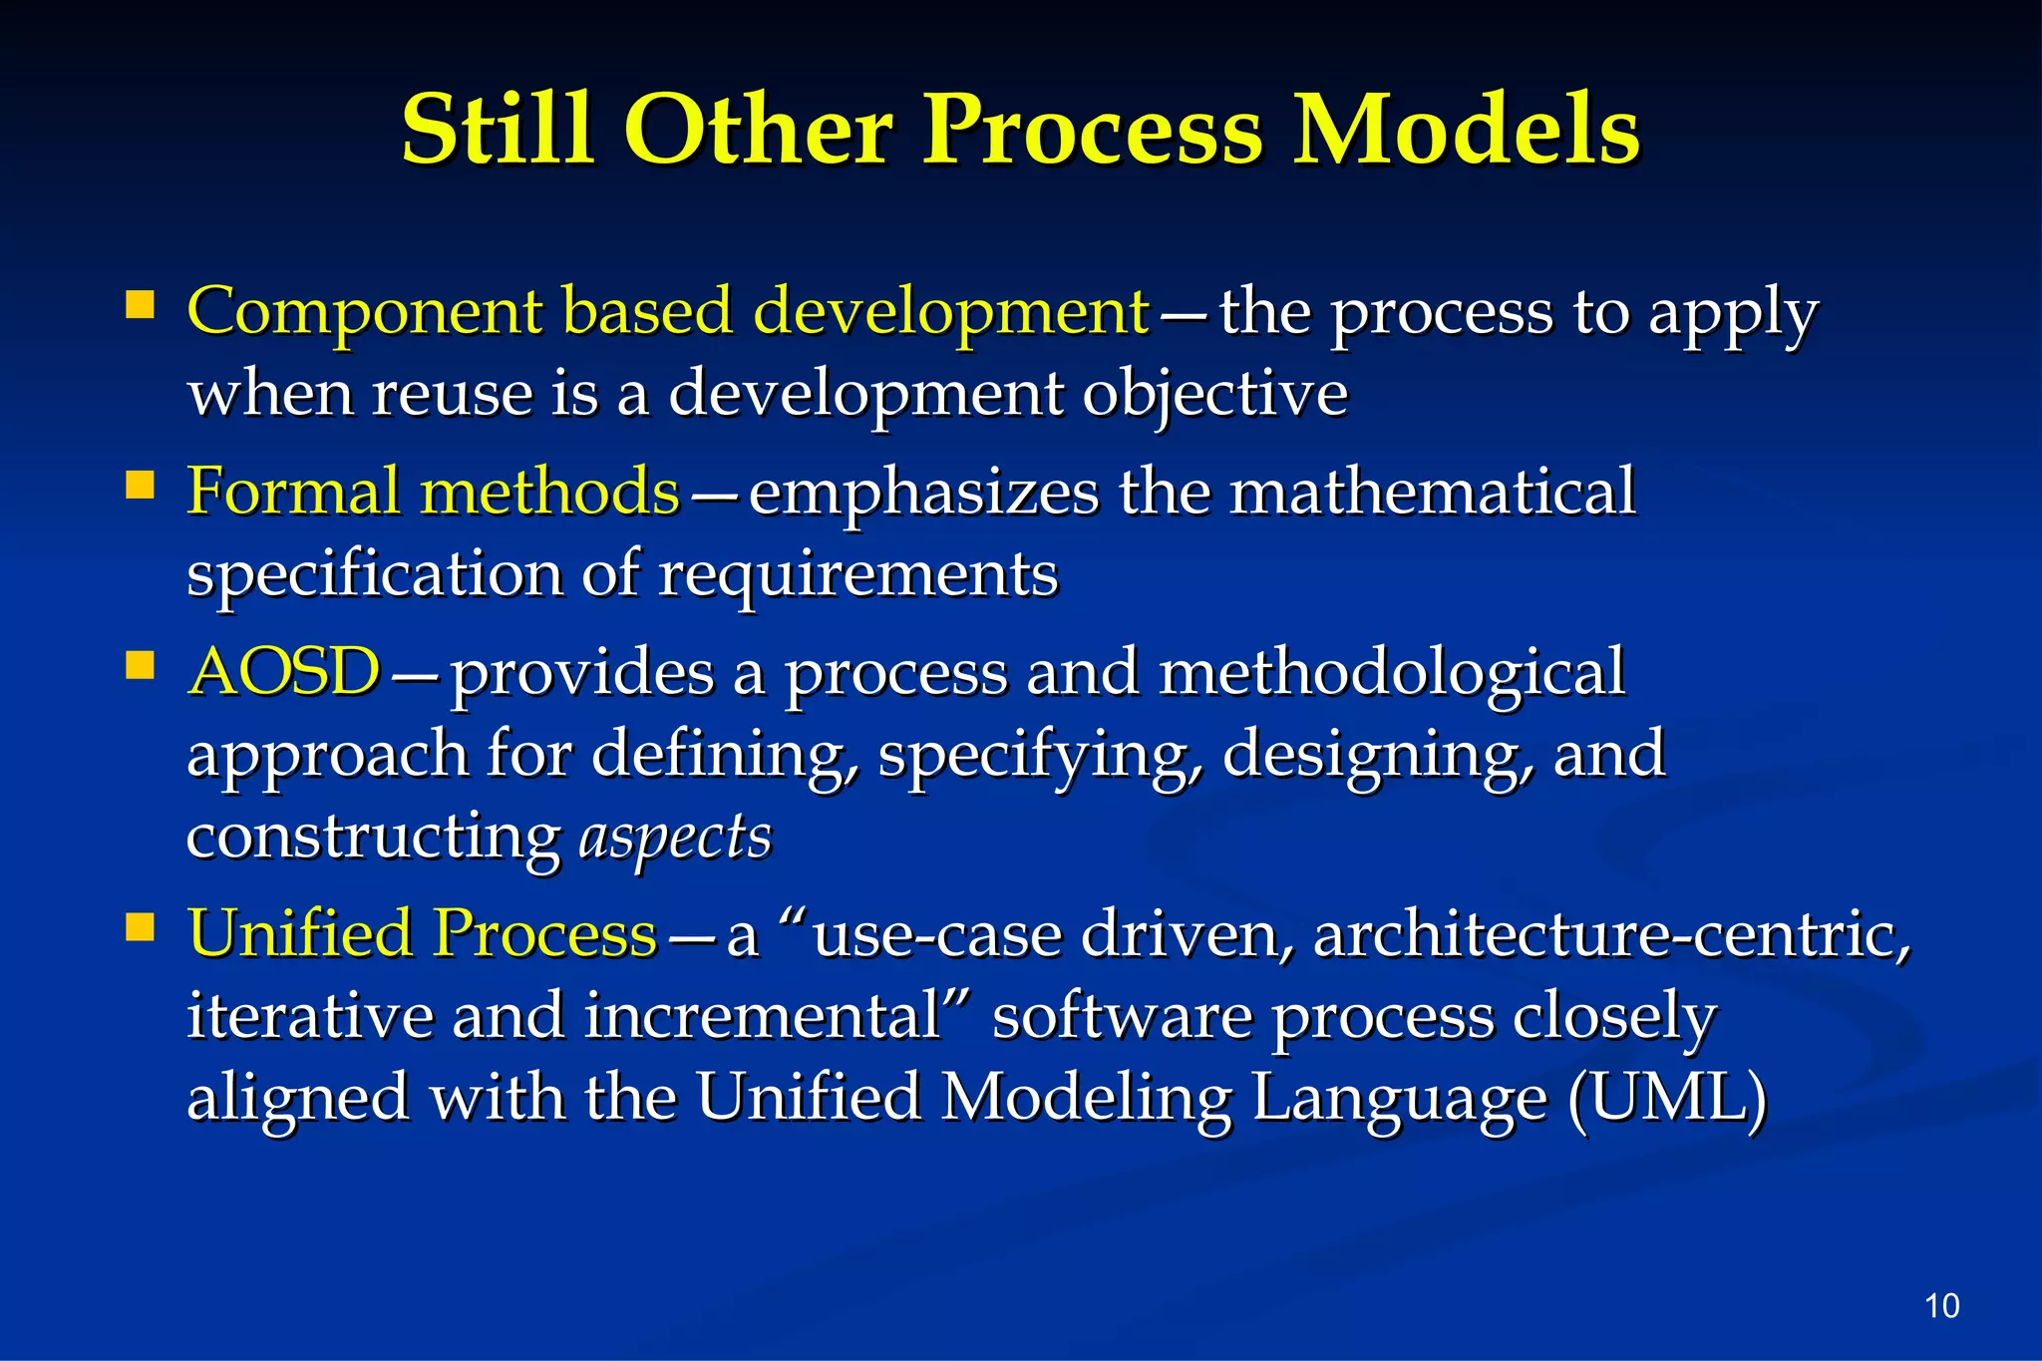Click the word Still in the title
point(499,130)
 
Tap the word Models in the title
point(1466,130)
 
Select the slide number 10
point(1941,1305)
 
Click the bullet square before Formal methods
point(141,486)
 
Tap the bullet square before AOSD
point(141,665)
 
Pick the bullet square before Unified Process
point(141,928)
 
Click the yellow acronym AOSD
point(285,672)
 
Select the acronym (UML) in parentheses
point(1667,1098)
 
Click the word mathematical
point(1432,492)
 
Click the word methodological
point(1392,672)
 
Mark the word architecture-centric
point(1612,935)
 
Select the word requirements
point(857,575)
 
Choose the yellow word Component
point(364,311)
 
